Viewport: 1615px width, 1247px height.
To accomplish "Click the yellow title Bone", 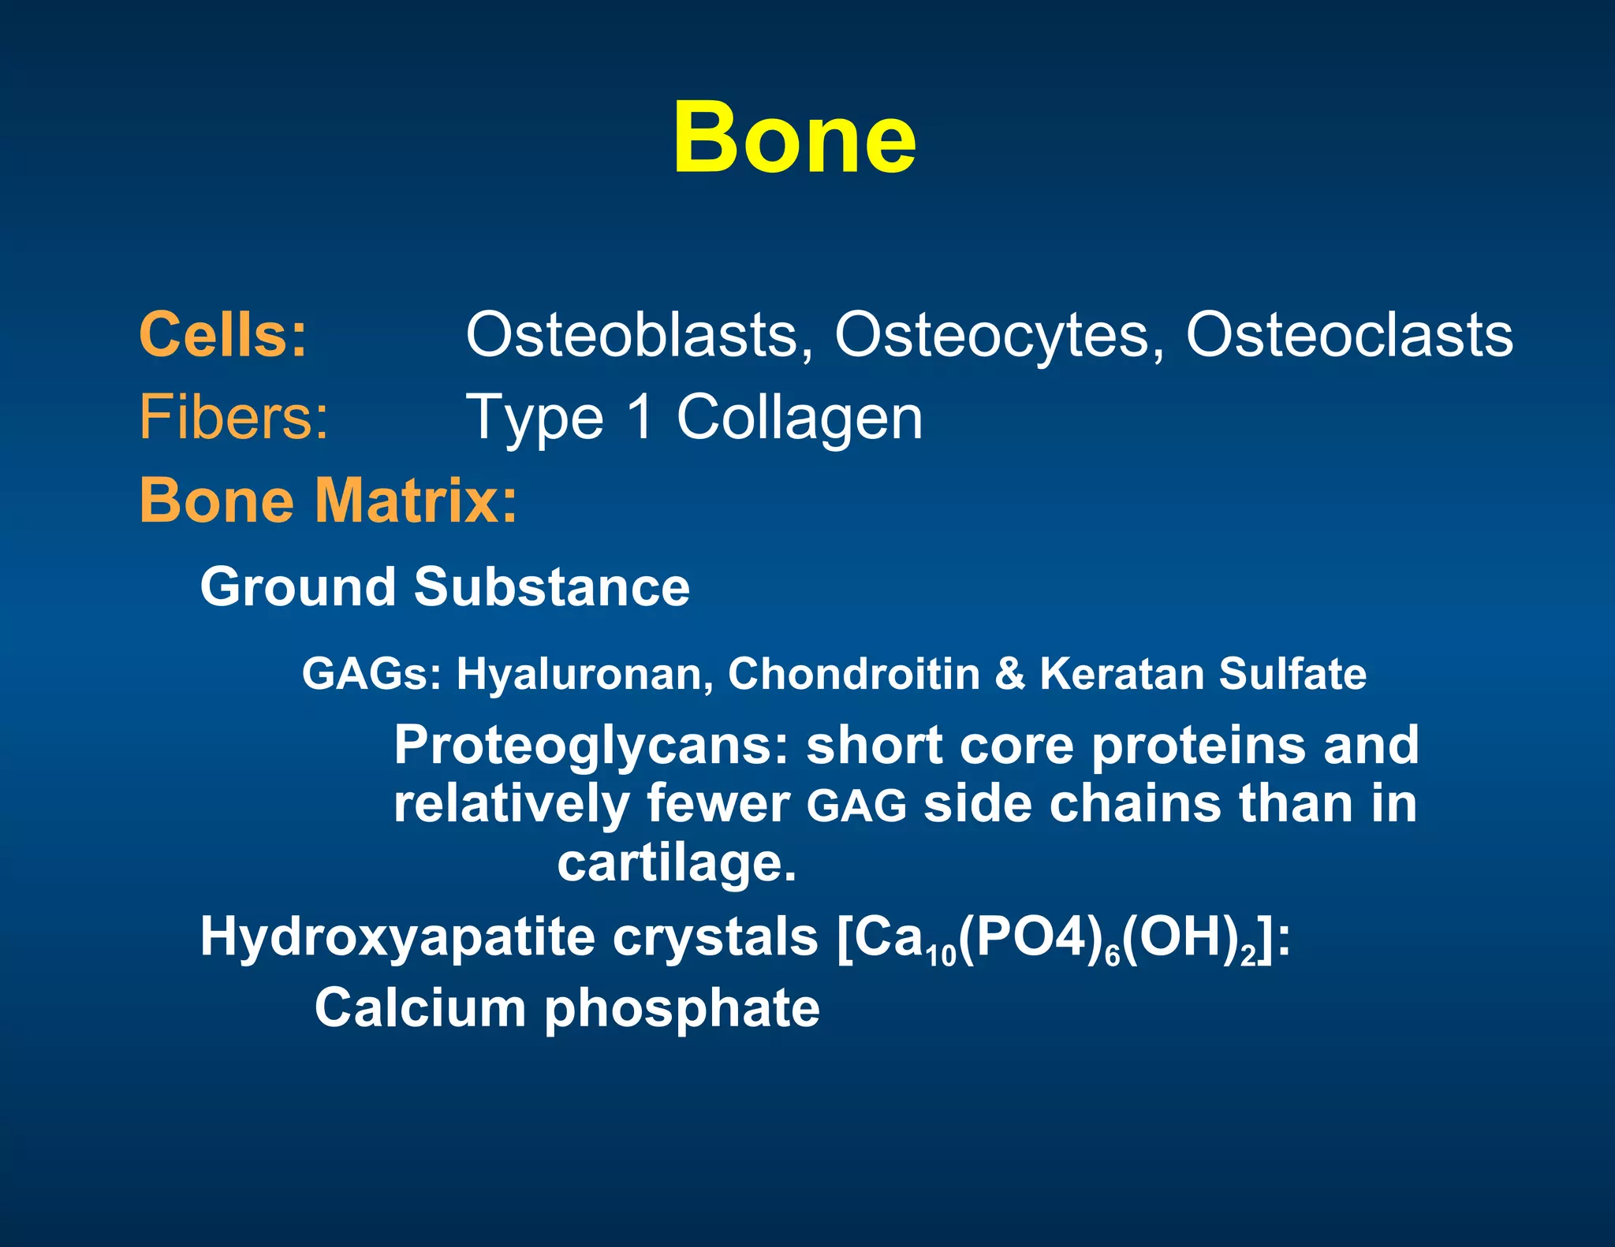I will [x=794, y=138].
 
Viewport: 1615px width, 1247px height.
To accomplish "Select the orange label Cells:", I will [x=223, y=335].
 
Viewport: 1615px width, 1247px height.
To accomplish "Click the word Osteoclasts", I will [x=1349, y=335].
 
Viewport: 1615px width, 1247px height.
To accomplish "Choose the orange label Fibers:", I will [x=233, y=417].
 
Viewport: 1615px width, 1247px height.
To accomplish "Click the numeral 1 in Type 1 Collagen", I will [x=641, y=417].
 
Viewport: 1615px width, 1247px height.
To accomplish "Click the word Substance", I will [x=552, y=587].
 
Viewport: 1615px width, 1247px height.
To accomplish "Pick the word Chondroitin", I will [x=853, y=675].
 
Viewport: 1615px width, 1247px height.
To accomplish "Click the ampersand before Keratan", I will [x=1009, y=675].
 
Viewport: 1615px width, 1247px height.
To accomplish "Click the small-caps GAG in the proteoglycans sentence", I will [x=857, y=806].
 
